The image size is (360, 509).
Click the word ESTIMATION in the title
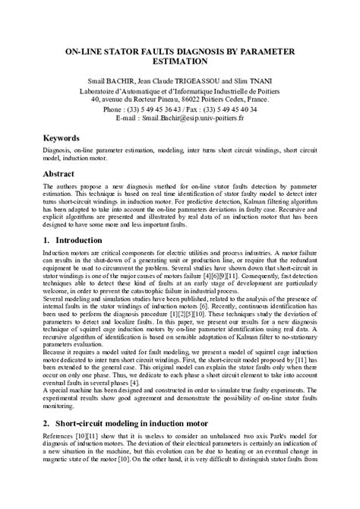click(179, 63)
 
